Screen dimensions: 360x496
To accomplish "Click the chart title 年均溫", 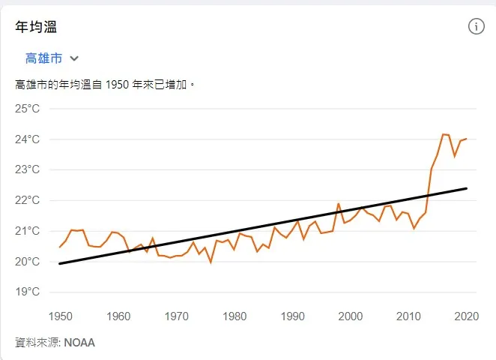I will click(37, 27).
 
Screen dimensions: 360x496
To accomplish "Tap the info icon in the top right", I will click(477, 26).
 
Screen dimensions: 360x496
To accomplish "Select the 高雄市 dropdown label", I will click(43, 58).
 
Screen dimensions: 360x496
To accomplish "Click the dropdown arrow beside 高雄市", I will click(74, 58).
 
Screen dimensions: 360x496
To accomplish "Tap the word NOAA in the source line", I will click(79, 343).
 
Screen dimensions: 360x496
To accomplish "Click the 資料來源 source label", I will click(37, 343).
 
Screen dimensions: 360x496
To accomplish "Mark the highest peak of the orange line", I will click(444, 134).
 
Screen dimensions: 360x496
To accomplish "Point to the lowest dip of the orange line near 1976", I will click(211, 262).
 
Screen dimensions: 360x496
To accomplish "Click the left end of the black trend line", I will click(60, 263).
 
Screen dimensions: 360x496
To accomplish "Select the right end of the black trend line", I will click(467, 188).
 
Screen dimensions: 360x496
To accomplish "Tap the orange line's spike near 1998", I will click(339, 203).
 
